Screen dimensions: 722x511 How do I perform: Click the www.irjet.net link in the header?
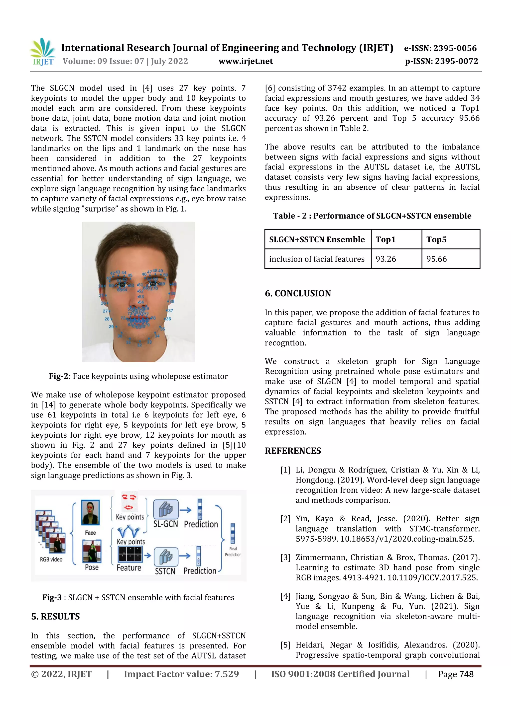click(x=246, y=61)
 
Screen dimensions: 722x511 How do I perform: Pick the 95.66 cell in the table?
click(x=436, y=259)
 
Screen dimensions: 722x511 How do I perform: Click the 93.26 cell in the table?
click(x=386, y=259)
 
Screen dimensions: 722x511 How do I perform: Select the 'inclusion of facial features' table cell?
click(x=316, y=259)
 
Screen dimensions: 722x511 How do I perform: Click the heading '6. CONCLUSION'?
click(x=297, y=293)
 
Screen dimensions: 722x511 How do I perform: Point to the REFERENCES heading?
click(x=293, y=451)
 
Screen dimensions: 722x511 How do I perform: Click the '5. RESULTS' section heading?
click(x=55, y=616)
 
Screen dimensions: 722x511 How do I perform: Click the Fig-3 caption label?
click(x=52, y=597)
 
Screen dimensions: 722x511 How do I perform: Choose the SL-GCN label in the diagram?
click(x=166, y=524)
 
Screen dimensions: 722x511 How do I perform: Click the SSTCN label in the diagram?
click(x=165, y=571)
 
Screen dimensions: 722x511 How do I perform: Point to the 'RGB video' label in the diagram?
click(x=51, y=560)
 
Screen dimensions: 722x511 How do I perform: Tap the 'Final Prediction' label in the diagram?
click(x=233, y=552)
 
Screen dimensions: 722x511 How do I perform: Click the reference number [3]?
click(x=285, y=558)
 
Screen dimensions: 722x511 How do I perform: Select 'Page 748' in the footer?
click(x=456, y=674)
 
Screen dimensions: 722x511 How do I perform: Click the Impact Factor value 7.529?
click(x=227, y=674)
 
